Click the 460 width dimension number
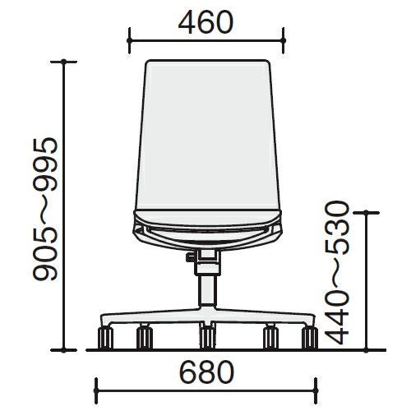(x=205, y=22)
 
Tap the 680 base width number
(x=206, y=372)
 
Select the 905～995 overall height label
(x=45, y=210)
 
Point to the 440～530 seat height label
(x=337, y=273)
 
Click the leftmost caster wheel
(x=105, y=338)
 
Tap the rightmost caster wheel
(x=310, y=338)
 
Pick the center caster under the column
(x=207, y=338)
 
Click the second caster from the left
(x=145, y=338)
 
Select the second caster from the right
(x=270, y=338)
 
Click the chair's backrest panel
(x=207, y=135)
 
